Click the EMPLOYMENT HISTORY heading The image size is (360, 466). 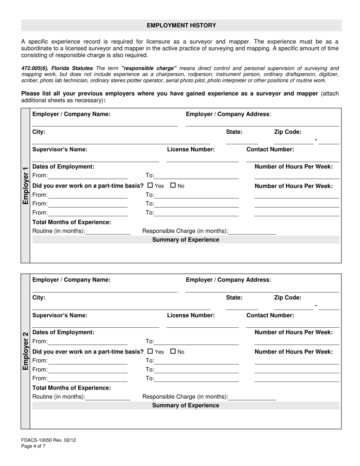(181, 25)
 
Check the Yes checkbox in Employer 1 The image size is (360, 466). (150, 186)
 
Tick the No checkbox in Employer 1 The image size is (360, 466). (173, 186)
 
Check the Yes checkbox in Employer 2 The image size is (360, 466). (150, 351)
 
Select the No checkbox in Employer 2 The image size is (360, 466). (173, 351)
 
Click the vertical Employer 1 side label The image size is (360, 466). (25, 185)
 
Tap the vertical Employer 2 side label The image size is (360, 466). (25, 351)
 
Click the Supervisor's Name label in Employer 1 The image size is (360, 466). (60, 149)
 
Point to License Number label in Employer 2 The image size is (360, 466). (191, 315)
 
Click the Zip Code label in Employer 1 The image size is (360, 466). (288, 132)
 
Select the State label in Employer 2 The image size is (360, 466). (234, 297)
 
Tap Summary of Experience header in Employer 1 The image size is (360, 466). (186, 240)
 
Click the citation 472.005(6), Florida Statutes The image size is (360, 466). (57, 68)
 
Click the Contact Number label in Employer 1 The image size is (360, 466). (270, 149)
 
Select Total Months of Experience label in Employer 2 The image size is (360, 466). (72, 388)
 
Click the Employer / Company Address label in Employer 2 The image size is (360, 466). (229, 280)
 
